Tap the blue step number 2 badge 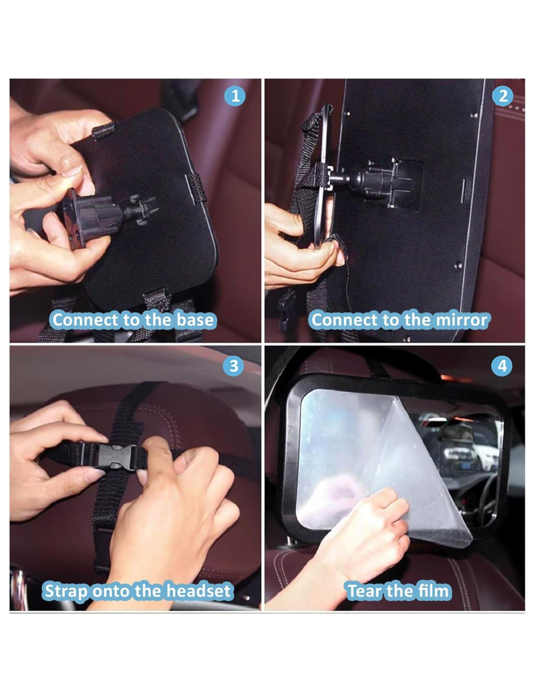[x=503, y=96]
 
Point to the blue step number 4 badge [x=502, y=366]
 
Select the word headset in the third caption [x=198, y=591]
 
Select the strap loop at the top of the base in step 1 [x=104, y=130]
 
